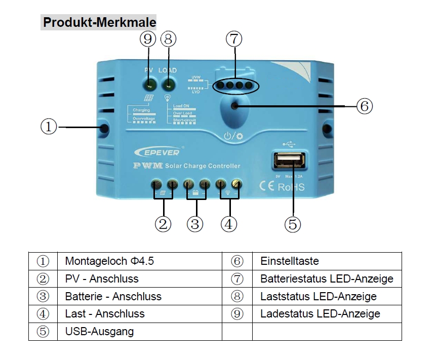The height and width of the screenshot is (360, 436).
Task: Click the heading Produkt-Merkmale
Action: pos(99,23)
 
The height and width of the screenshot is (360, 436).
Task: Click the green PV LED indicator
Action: pos(149,84)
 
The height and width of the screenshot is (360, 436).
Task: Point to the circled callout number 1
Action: pos(49,127)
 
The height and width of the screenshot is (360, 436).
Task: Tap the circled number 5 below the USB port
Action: pos(293,223)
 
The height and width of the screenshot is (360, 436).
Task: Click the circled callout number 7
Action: pos(234,39)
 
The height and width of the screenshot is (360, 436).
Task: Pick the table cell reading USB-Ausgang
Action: pos(100,332)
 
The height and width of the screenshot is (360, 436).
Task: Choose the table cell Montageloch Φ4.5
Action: pos(109,261)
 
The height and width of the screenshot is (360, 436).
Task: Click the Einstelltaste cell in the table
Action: pos(290,261)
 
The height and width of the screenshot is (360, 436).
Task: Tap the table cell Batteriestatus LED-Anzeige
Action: pos(327,279)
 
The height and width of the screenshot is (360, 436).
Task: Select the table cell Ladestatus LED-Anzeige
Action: pos(320,314)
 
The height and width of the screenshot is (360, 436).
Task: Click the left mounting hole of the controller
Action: pos(104,129)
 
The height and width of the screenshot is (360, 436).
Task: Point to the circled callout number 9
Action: pos(149,39)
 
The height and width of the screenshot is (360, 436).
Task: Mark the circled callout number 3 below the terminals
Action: pos(196,223)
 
